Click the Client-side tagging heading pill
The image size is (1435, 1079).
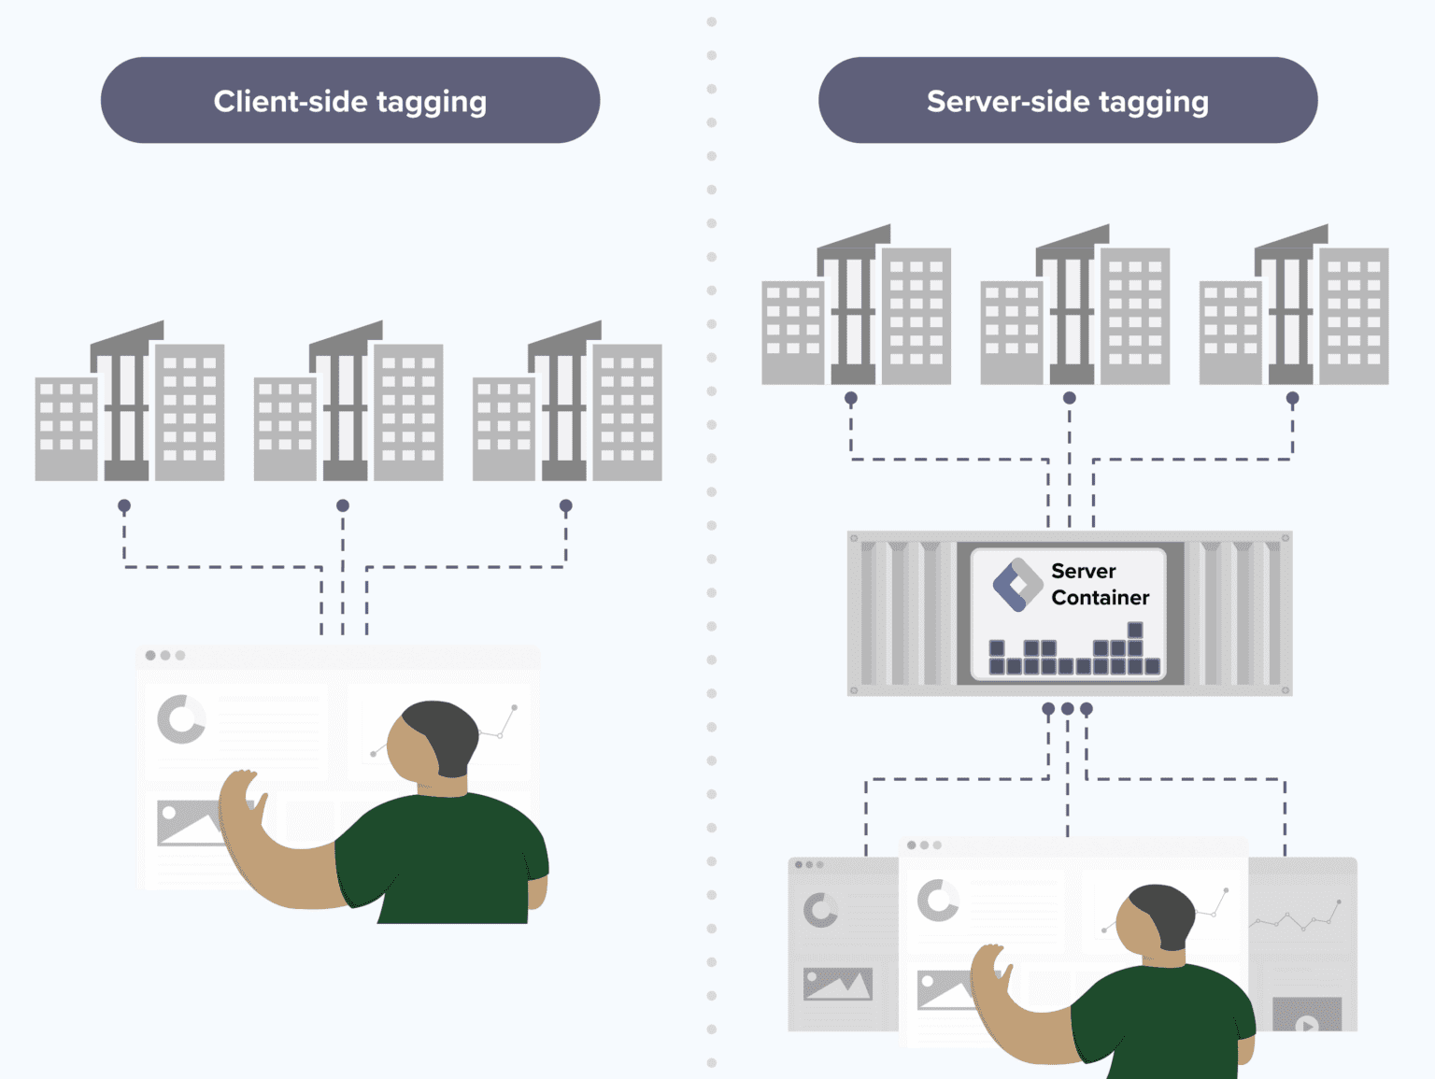(349, 100)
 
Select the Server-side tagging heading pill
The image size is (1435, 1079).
(1067, 100)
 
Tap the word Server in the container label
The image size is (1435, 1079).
(1083, 571)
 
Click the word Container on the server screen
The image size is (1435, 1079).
(1100, 597)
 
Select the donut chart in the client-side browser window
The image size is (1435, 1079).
(180, 719)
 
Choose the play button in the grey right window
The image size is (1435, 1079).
(1307, 1023)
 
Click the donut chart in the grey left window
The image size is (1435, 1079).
(820, 910)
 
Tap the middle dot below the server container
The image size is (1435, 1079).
(1067, 709)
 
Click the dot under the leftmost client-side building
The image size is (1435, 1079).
(124, 505)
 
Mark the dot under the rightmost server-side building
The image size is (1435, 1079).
(1292, 398)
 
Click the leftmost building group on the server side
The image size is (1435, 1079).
(855, 307)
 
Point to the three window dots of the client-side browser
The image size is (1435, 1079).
(165, 655)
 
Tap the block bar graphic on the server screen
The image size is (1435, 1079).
(1074, 652)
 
